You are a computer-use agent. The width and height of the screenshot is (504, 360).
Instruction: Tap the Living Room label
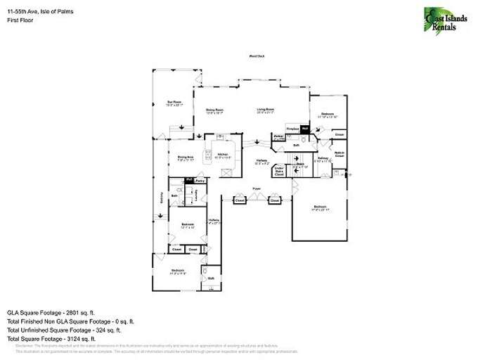tap(265, 109)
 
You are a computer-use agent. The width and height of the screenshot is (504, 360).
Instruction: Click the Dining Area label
tap(185, 157)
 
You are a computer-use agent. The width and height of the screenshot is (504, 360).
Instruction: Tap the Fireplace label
tap(292, 128)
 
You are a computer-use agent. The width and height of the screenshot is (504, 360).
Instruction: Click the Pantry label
tap(200, 181)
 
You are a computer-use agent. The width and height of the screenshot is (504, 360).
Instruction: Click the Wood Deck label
tap(255, 56)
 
